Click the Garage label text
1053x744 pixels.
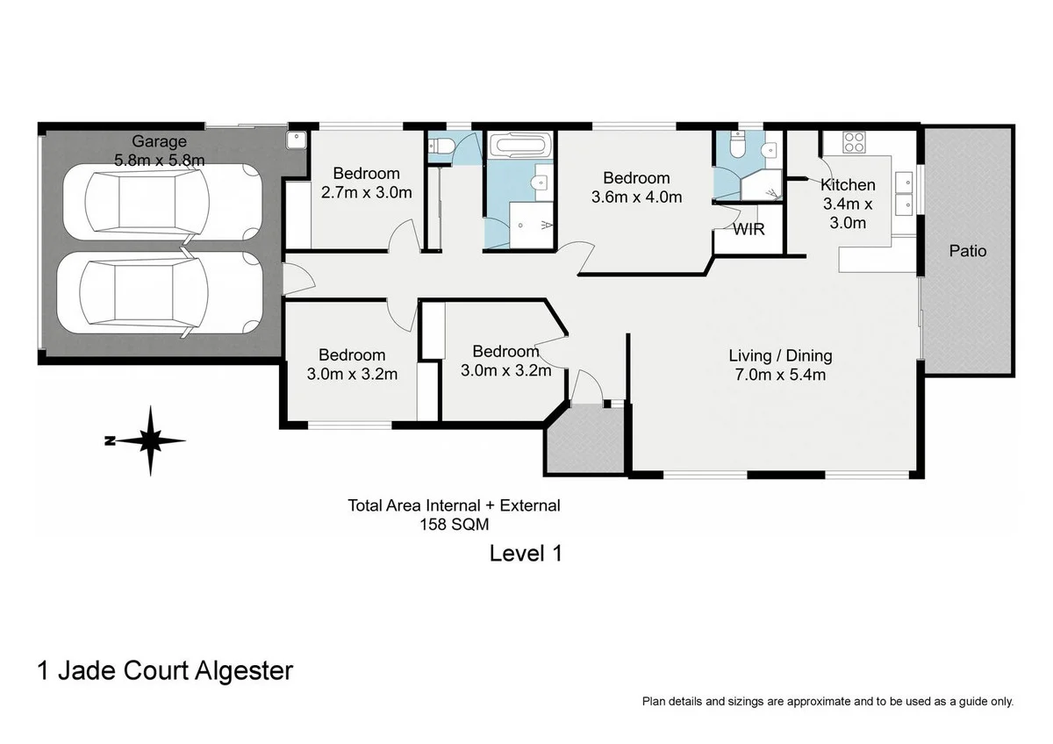(159, 140)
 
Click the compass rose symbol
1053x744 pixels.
(150, 440)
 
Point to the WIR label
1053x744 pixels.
(749, 230)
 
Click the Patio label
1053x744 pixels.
(968, 251)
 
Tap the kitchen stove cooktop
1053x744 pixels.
(854, 140)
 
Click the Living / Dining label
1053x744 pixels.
(780, 355)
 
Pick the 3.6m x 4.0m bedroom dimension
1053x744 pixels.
(636, 197)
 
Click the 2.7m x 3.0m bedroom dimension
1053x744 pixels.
(366, 192)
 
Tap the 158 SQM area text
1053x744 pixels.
(454, 524)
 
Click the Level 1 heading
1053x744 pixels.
(525, 553)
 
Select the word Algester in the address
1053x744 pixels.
(240, 671)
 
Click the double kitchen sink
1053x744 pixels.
(903, 193)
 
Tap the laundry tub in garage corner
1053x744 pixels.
(297, 138)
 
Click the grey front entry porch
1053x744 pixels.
(584, 439)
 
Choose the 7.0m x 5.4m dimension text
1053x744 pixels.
(780, 375)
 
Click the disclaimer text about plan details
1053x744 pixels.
(827, 701)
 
